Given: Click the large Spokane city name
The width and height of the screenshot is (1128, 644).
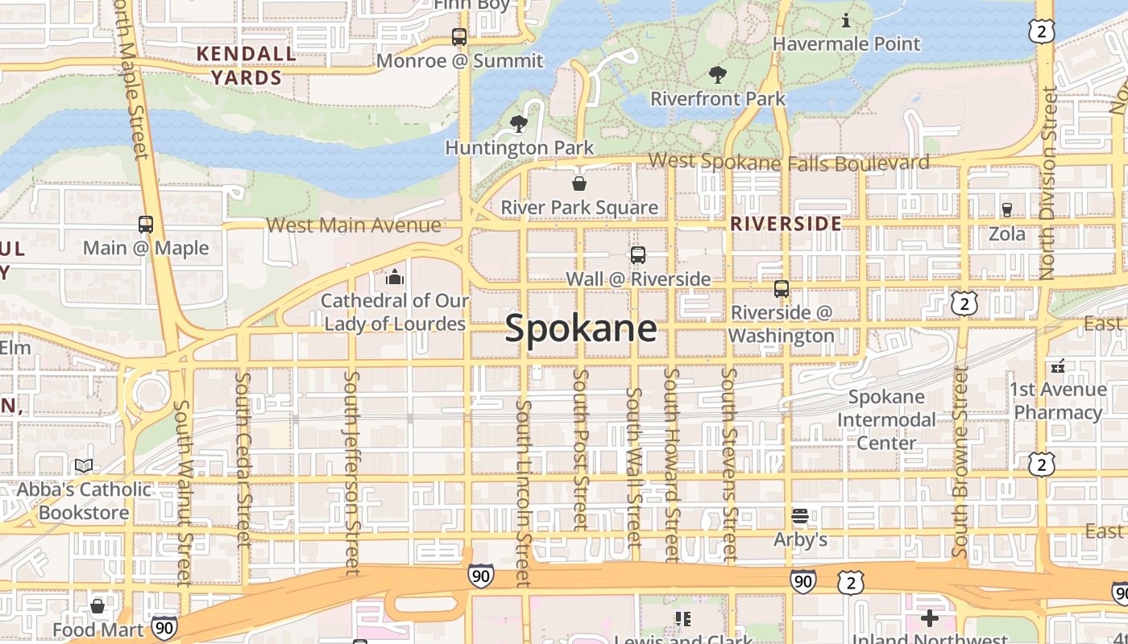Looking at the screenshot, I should click(581, 329).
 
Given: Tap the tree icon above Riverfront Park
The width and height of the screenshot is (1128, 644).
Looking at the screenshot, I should click(717, 75).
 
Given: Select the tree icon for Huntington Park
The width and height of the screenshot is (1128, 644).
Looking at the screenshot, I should click(519, 124).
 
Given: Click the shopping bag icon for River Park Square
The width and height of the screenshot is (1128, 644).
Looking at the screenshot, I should click(579, 184).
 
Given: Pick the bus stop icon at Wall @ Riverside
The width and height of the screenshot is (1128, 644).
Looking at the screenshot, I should click(638, 255).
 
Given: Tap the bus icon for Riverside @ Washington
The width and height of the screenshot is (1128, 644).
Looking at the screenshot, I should click(781, 288).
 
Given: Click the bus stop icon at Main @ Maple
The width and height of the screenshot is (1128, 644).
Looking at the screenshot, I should click(146, 225).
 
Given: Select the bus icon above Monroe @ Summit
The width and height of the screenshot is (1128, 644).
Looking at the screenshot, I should click(458, 37).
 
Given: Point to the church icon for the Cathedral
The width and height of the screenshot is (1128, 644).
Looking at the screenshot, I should click(395, 278).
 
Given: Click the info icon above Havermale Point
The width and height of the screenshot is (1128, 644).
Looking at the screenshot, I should click(846, 20).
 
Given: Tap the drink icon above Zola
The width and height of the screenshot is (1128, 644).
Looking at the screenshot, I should click(1006, 210).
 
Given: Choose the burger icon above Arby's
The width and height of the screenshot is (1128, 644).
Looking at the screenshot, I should click(800, 515).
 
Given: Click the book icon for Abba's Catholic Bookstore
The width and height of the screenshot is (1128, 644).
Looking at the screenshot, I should click(84, 465).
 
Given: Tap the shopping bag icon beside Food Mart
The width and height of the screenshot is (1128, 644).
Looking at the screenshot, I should click(97, 605).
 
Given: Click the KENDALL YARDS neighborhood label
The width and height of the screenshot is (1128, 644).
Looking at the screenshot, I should click(247, 66).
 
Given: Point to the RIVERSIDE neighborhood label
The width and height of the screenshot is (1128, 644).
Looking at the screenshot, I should click(786, 224).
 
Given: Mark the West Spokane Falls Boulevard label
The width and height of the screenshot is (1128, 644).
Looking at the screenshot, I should click(788, 162).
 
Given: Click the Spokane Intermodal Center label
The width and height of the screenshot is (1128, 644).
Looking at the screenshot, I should click(886, 419).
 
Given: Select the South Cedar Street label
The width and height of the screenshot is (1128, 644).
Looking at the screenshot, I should click(243, 459).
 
